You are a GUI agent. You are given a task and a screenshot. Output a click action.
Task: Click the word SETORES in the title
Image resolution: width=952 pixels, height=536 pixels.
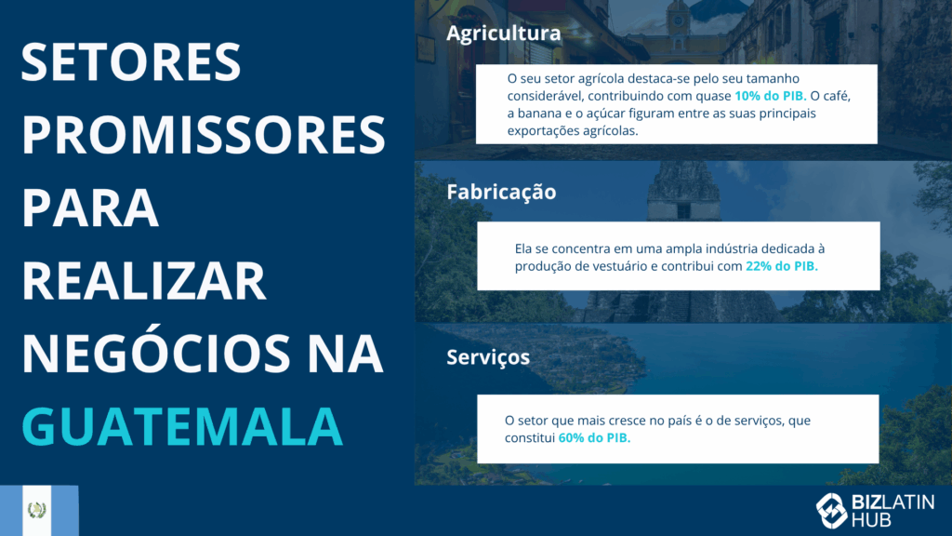[x=131, y=62]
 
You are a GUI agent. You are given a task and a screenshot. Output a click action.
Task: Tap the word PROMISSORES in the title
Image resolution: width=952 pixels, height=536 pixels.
[x=204, y=134]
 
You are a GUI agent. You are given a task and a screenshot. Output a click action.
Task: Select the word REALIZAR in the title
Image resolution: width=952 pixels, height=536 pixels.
[x=144, y=280]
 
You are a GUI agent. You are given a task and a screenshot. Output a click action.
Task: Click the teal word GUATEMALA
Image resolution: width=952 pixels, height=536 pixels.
[x=182, y=426]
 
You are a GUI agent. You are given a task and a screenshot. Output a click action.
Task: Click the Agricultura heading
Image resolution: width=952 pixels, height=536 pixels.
[x=503, y=33]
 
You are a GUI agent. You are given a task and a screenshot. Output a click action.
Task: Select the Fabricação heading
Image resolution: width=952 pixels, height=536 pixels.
[x=501, y=193]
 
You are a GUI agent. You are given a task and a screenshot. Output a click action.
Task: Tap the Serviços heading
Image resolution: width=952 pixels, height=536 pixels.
[x=488, y=357]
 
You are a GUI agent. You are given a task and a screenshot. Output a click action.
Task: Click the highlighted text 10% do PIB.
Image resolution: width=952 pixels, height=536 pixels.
[x=771, y=96]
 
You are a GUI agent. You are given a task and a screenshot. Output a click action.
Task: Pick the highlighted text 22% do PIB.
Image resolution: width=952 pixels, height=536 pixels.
[x=781, y=266]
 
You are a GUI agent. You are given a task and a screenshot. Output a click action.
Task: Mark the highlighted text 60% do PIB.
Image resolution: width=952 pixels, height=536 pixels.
[x=594, y=437]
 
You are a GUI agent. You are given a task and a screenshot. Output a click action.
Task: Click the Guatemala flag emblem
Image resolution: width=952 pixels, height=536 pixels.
[x=37, y=510]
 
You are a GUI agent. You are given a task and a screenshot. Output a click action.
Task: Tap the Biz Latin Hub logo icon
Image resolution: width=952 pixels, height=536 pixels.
[x=831, y=510]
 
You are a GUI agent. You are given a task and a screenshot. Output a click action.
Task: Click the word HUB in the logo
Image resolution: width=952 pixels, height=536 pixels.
[x=871, y=520]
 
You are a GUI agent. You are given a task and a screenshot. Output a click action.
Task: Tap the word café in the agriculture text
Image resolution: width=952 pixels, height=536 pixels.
[x=837, y=96]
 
